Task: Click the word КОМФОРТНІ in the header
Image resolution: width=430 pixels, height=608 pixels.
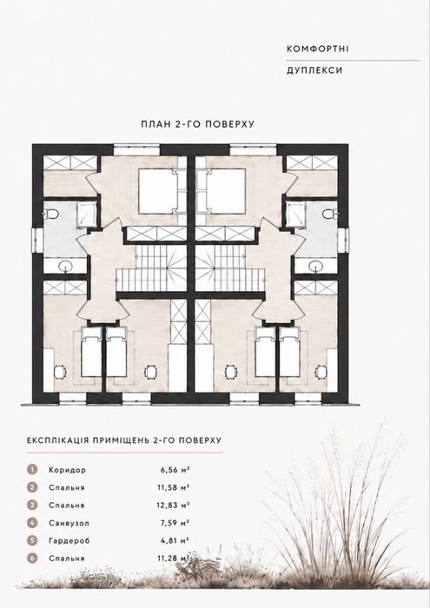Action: click(x=318, y=49)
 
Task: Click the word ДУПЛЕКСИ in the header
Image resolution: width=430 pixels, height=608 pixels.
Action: click(x=314, y=70)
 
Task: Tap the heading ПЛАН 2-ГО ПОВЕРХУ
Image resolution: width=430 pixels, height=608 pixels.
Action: click(x=198, y=124)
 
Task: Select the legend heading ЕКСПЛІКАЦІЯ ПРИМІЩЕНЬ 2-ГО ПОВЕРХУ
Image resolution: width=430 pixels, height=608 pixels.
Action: click(x=124, y=440)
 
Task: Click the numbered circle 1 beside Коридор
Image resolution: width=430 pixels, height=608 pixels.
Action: click(x=32, y=470)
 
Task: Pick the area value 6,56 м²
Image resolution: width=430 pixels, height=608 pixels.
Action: click(x=175, y=470)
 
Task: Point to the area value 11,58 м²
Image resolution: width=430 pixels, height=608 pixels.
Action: click(x=174, y=488)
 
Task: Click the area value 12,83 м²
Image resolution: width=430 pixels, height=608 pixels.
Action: click(x=174, y=506)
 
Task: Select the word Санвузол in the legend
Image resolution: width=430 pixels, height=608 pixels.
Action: click(x=69, y=523)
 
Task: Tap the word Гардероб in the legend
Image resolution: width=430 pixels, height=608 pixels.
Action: click(x=69, y=541)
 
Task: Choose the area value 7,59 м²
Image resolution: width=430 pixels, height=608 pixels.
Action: click(x=175, y=523)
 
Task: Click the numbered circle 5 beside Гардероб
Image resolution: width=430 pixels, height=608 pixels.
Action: click(x=32, y=540)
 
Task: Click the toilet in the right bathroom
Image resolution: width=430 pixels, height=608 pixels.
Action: click(x=330, y=213)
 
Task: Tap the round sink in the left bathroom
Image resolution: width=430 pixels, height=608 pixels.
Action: click(x=65, y=266)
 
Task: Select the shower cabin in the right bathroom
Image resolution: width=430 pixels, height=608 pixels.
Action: click(x=294, y=213)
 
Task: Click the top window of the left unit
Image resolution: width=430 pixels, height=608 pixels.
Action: click(x=137, y=149)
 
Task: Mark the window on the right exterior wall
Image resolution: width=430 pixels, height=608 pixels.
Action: click(x=343, y=241)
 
